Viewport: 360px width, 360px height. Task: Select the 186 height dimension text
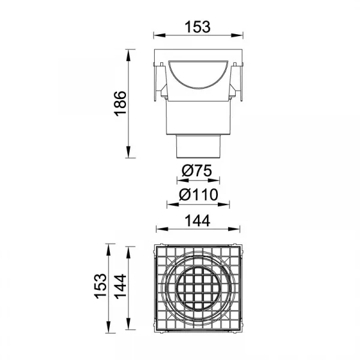tap(121, 104)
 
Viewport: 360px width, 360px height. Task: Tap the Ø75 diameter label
tap(197, 171)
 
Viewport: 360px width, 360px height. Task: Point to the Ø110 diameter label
tap(199, 194)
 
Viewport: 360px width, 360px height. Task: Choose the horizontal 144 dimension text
tap(197, 221)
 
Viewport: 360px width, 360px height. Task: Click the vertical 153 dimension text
tap(101, 286)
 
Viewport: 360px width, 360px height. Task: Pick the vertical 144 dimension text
tap(121, 287)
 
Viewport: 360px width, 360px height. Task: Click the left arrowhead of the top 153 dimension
tap(160, 35)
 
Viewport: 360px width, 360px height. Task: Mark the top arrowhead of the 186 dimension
tap(128, 55)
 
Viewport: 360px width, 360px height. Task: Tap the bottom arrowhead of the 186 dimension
tap(128, 152)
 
